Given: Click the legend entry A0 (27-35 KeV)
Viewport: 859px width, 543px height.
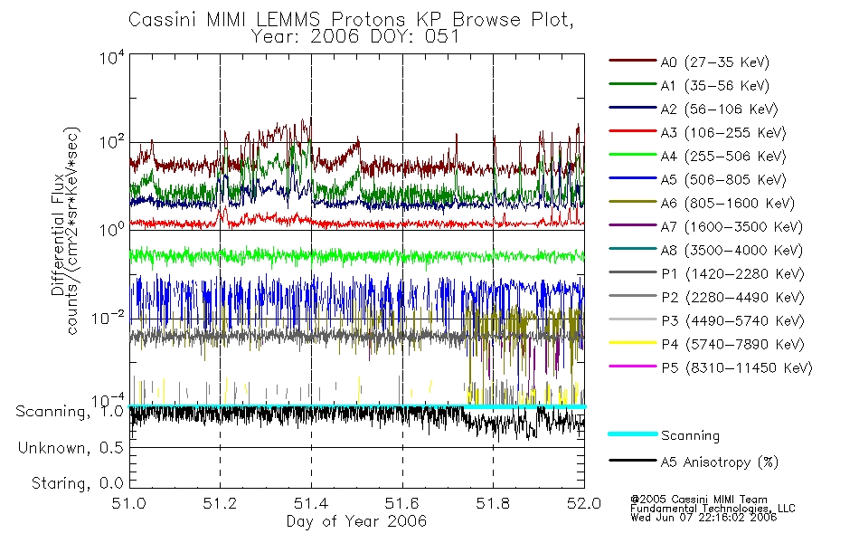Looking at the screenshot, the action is (x=714, y=62).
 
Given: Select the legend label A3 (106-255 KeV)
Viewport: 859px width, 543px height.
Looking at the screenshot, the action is (x=722, y=133).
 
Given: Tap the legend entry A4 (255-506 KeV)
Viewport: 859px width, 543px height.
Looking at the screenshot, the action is (x=722, y=157).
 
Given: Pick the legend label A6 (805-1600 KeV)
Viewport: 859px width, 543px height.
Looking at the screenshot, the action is (x=727, y=204).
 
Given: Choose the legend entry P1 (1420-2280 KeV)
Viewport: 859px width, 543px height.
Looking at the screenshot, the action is (x=732, y=274).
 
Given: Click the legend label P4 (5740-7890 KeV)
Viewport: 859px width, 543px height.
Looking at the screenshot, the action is (x=732, y=345).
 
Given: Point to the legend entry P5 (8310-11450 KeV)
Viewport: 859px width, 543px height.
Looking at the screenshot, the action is (x=736, y=368).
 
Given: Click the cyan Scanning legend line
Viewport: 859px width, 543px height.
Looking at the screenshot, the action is (x=633, y=433).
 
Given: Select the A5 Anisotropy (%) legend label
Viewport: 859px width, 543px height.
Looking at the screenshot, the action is (x=720, y=462).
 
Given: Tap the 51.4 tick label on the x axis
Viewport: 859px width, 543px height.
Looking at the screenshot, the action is (x=311, y=503).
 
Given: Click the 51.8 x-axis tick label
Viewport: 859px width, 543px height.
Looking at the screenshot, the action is (x=493, y=503).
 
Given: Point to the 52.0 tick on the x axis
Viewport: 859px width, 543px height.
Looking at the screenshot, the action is (x=584, y=503).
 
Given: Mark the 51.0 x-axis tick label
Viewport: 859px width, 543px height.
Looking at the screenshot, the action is (x=129, y=503).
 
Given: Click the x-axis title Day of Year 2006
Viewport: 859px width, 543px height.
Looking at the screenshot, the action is (x=356, y=521).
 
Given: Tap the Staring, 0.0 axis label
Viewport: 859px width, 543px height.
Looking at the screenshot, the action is (x=78, y=483).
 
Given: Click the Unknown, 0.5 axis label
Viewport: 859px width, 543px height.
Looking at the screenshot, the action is (x=71, y=448).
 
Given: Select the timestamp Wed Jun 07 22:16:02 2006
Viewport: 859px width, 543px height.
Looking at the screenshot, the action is (x=703, y=518).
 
